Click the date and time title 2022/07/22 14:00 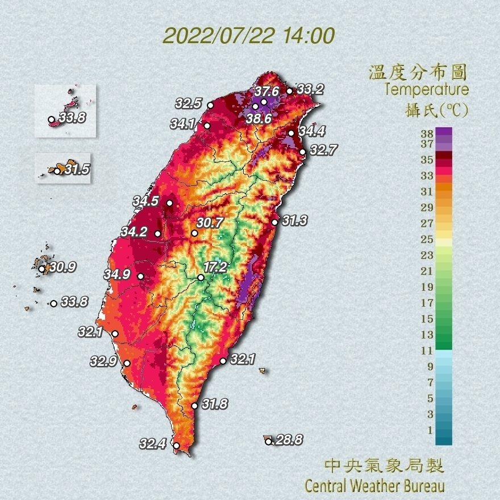click(x=248, y=35)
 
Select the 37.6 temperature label click(x=266, y=91)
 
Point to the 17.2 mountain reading click(x=215, y=266)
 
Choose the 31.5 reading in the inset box click(x=77, y=169)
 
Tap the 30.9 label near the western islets click(x=63, y=266)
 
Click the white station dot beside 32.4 click(x=176, y=445)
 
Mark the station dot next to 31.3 click(x=274, y=222)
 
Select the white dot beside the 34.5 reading click(x=169, y=203)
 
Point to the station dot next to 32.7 click(x=303, y=152)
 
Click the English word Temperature click(x=426, y=89)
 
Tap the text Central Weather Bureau click(x=374, y=486)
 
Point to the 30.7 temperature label click(x=210, y=223)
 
